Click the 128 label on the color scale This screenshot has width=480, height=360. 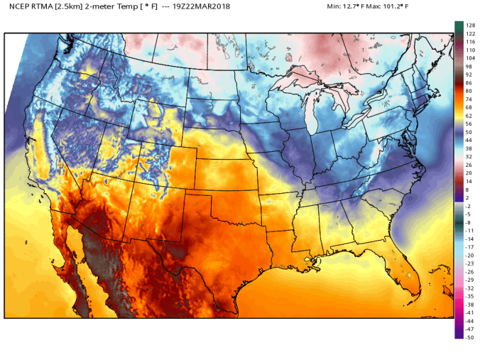(x=469, y=25)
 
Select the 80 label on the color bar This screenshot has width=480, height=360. (x=469, y=91)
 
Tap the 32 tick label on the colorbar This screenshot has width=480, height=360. (x=469, y=157)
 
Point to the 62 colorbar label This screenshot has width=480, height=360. (x=469, y=116)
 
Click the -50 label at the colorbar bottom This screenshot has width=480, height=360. (x=469, y=337)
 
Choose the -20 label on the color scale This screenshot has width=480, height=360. (x=469, y=255)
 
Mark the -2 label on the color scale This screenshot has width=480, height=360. (x=469, y=206)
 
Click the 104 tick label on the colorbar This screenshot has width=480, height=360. (x=469, y=58)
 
